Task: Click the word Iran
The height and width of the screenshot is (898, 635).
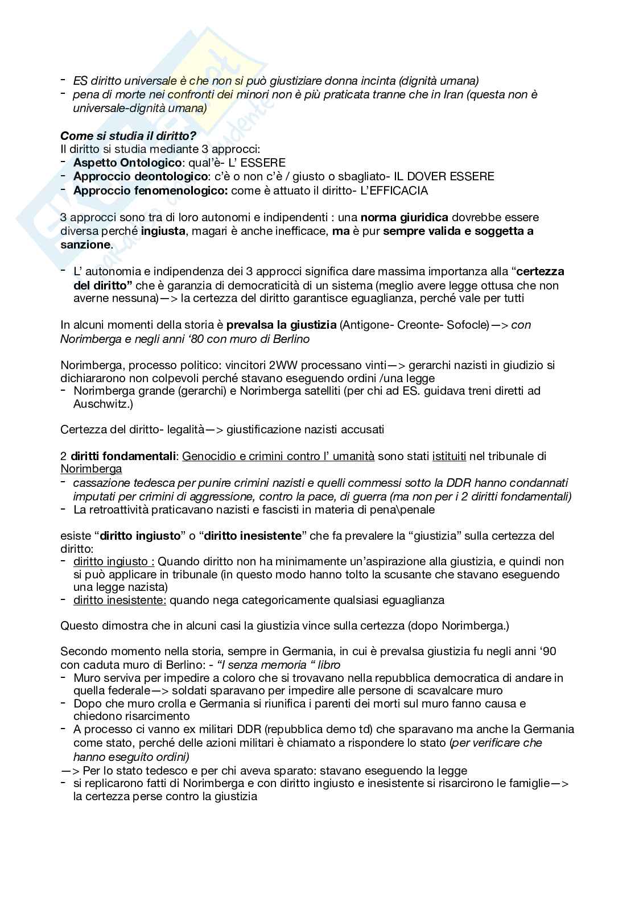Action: (454, 94)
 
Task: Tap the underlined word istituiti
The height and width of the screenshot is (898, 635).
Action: (449, 456)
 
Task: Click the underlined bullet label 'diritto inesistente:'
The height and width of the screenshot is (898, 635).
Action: (120, 599)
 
